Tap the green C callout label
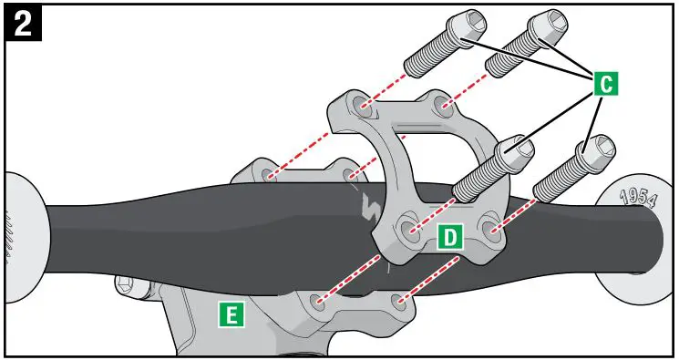click(x=605, y=83)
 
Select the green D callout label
click(x=449, y=237)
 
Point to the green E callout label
click(x=232, y=315)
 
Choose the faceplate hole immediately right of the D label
click(x=491, y=225)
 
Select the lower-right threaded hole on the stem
click(x=398, y=300)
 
